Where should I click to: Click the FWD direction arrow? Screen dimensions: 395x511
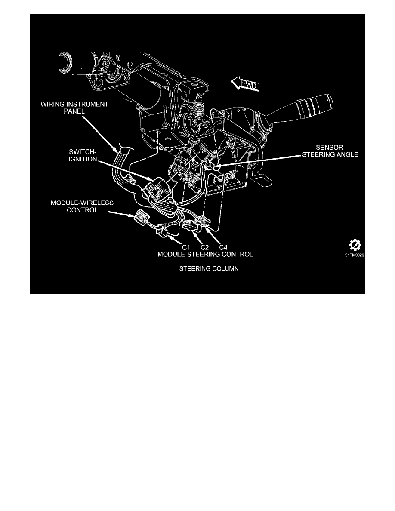(245, 84)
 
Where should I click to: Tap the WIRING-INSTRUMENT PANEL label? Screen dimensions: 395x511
(74, 108)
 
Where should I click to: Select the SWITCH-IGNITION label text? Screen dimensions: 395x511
(83, 155)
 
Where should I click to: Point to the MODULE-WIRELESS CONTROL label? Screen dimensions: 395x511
(82, 206)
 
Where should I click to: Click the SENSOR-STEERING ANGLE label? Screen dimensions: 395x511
(330, 151)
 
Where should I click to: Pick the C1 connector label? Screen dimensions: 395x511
(186, 248)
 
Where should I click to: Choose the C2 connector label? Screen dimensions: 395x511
(204, 248)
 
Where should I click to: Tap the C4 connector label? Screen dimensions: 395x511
(223, 248)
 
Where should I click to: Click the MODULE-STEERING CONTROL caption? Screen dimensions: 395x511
(205, 254)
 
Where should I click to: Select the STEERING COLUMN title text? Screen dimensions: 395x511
(209, 268)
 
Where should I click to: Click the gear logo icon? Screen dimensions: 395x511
(355, 245)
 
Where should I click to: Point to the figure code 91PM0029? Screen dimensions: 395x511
(355, 255)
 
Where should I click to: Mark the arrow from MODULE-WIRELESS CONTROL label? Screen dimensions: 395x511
(121, 214)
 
